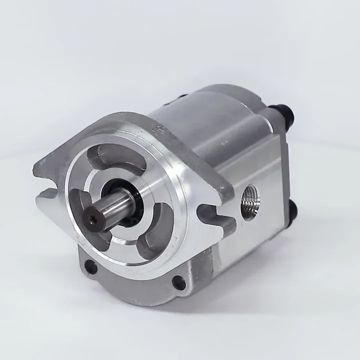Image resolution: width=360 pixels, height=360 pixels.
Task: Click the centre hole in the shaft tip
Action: [x=92, y=218]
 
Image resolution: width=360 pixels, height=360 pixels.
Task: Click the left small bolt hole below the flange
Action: [x=90, y=266]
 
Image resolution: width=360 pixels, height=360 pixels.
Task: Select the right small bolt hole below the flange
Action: [x=178, y=282]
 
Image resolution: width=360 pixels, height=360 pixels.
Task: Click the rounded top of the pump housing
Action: [x=210, y=107]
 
